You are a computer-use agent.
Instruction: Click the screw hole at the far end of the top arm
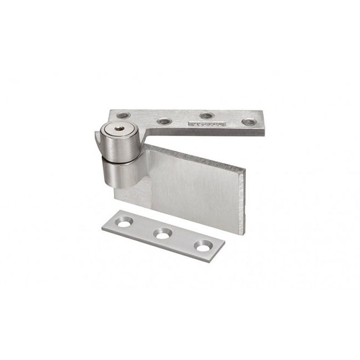pos(248,121)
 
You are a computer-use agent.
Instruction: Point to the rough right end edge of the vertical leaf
pos(243,198)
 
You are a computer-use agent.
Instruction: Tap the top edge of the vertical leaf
pos(193,158)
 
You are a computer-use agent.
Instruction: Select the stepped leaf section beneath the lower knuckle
pos(133,193)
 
